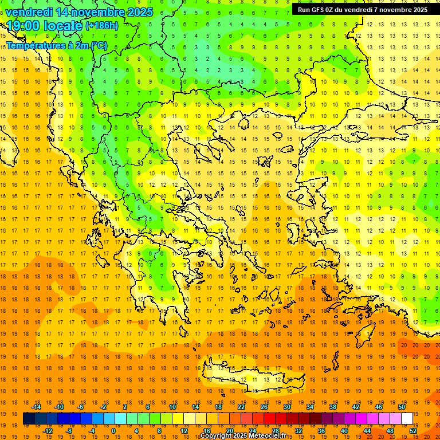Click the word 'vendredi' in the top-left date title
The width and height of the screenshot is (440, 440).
click(29, 12)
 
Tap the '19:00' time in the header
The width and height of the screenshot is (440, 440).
click(23, 25)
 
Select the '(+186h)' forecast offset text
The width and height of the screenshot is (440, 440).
click(101, 26)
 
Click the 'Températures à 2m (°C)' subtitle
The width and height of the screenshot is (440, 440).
click(56, 45)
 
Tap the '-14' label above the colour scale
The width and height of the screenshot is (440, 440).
click(36, 407)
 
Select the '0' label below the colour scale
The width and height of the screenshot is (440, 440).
click(113, 430)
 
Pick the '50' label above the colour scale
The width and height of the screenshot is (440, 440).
click(401, 407)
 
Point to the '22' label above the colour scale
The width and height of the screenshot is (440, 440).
click(241, 407)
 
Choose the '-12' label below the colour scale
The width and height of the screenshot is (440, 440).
click(48, 430)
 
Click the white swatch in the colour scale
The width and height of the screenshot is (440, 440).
click(407, 419)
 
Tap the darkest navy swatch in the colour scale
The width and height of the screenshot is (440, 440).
click(29, 419)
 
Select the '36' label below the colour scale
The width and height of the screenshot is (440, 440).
click(321, 430)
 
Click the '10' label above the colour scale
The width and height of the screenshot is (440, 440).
click(172, 407)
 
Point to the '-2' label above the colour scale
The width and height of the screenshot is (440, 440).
click(104, 407)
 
